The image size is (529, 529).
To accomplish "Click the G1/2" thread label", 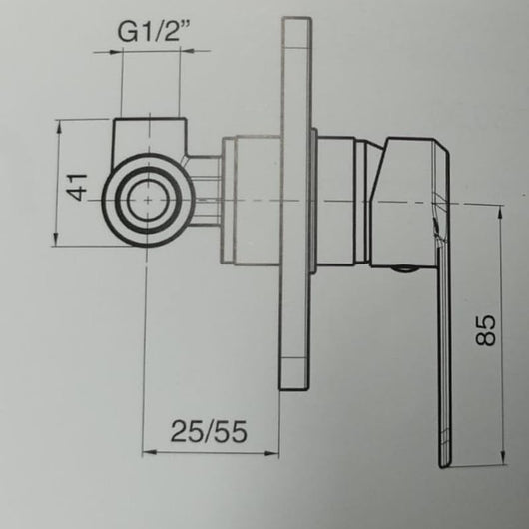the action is click(x=154, y=32).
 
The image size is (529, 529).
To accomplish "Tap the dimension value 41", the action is click(x=77, y=187).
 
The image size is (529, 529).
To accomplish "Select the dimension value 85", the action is click(x=485, y=330).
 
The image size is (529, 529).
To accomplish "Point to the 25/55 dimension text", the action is click(x=209, y=432).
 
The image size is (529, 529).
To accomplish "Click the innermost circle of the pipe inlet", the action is click(x=148, y=200).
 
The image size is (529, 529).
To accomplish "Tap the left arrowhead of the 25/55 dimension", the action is click(x=149, y=452).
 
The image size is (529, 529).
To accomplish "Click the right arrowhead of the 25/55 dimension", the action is click(x=271, y=453).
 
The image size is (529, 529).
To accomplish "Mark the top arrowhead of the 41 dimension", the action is click(x=59, y=127).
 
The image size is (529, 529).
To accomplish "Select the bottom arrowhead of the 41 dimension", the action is click(x=57, y=239).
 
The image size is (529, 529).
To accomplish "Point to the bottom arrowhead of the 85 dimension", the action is click(x=503, y=458).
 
